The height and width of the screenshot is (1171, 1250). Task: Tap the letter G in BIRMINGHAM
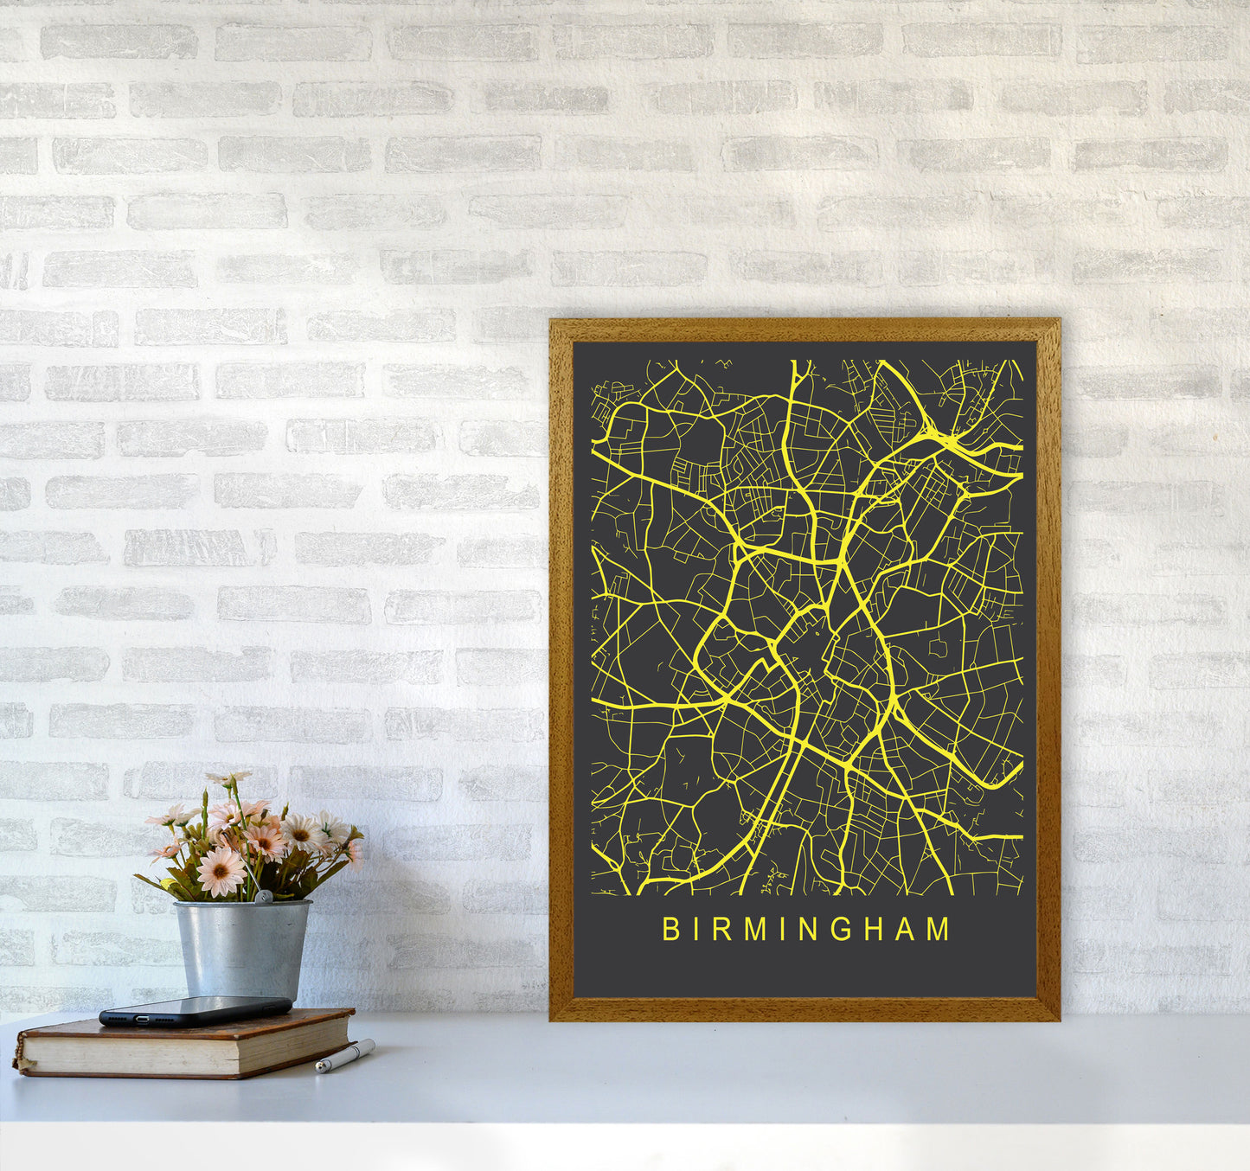click(x=837, y=930)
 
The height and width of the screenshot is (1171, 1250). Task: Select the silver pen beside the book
click(x=344, y=1056)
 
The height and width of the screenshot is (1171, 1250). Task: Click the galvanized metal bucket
click(x=242, y=950)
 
